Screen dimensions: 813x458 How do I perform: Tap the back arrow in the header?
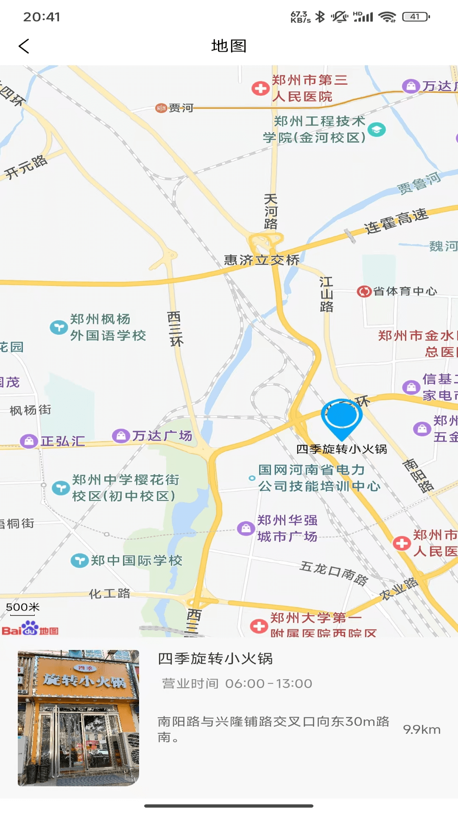24,46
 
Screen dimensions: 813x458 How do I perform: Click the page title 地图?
229,46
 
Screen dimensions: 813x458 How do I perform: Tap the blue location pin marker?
341,418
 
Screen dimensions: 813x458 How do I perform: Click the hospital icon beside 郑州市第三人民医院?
260,88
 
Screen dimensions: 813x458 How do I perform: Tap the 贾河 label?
181,108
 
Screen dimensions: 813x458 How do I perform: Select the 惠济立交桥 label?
262,260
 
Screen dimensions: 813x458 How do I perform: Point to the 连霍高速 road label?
397,221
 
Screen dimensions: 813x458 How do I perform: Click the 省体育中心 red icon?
364,291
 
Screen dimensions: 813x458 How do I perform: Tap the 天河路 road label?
271,211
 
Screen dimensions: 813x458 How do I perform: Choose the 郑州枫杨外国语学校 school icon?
59,327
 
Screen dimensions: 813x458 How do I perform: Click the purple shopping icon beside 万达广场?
121,435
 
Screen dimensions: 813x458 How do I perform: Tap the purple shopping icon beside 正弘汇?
29,441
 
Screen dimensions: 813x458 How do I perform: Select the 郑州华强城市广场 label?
287,528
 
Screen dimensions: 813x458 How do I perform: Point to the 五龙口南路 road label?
334,573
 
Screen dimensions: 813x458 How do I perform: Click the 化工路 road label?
109,593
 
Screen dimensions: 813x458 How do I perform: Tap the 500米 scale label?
23,607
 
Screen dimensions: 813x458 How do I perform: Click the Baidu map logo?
30,629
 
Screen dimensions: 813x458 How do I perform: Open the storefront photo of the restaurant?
78,718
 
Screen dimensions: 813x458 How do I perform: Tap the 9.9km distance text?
422,730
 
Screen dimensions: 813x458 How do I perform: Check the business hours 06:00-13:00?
268,683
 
